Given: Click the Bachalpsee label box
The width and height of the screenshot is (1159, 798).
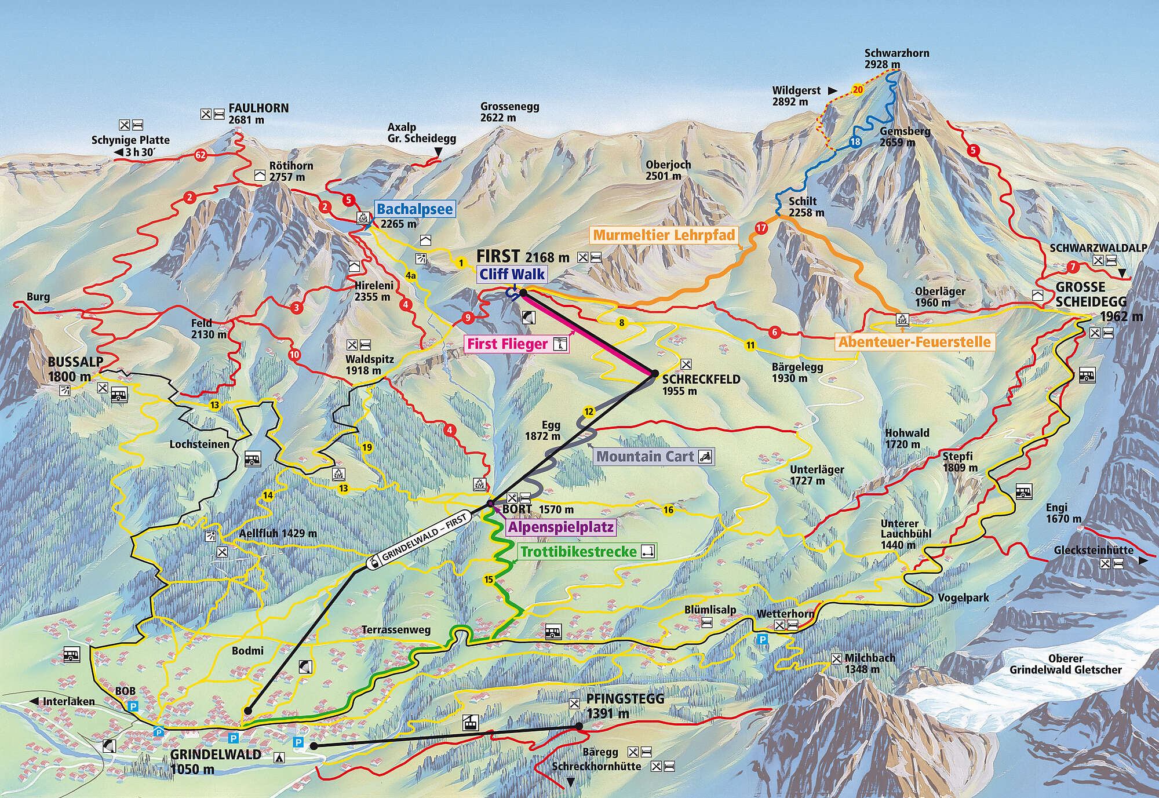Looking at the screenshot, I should [414, 209].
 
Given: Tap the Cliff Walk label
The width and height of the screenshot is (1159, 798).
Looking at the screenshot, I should [512, 274].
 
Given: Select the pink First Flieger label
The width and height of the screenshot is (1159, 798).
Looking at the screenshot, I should [508, 344].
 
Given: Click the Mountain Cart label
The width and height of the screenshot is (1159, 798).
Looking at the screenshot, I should [645, 456].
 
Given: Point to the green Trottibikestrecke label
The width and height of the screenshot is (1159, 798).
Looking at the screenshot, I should [578, 551].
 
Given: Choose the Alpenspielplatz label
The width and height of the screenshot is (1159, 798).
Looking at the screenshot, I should [560, 527].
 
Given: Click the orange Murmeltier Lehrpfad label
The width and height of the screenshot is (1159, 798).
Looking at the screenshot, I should [664, 235].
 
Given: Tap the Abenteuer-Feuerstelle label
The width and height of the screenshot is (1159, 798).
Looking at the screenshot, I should [914, 342].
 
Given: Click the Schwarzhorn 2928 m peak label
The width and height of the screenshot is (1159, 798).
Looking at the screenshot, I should [896, 58].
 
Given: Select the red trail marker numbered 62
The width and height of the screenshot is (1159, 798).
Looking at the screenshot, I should [201, 155].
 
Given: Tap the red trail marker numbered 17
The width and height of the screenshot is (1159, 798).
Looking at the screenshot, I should [761, 228].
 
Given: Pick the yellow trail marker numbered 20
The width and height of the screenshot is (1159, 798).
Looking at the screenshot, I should [857, 90].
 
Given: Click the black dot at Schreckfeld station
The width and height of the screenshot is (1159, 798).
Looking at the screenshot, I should [654, 374].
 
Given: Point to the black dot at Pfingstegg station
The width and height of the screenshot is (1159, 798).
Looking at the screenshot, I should [579, 726].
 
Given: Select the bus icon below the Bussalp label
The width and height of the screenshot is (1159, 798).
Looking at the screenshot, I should [119, 395].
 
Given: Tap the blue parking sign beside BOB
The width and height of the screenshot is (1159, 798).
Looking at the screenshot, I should [134, 706].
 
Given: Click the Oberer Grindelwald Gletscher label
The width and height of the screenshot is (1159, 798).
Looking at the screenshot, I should [1065, 664].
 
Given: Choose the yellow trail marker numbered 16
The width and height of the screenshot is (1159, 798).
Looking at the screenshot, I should [668, 510].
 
